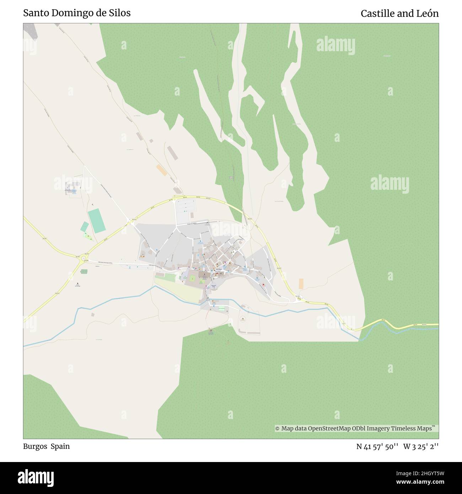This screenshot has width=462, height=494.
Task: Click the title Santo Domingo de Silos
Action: click(77, 13)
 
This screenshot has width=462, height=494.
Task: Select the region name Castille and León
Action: click(399, 14)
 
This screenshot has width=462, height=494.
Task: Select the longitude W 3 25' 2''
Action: click(421, 446)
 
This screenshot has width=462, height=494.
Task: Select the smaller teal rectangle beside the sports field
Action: click(85, 227)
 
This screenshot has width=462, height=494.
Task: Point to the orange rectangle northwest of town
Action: click(162, 170)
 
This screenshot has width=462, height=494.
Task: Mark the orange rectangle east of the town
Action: click(301, 284)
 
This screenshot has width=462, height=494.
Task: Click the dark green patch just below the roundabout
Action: click(84, 272)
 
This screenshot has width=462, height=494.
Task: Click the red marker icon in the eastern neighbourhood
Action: click(263, 285)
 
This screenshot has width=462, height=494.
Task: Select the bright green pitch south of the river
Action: click(222, 309)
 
